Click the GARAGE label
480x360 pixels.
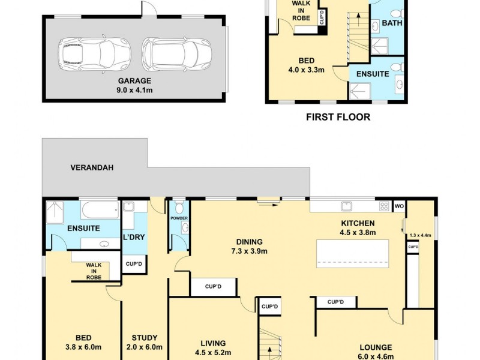pos(134,81)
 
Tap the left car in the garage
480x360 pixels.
pos(94,54)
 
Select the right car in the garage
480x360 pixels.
pos(176,54)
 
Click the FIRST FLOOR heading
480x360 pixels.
pos(338,117)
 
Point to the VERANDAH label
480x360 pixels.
pos(92,168)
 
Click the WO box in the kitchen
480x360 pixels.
pos(399,206)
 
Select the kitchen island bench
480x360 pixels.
pos(353,254)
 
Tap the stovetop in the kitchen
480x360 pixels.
pos(384,206)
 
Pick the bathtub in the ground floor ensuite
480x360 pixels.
pos(100,209)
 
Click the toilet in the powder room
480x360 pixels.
pos(179,207)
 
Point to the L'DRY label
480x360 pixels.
pos(134,237)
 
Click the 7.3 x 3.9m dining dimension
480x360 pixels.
pos(250,251)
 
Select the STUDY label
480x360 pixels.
pos(145,338)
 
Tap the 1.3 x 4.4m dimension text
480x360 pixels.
pos(420,235)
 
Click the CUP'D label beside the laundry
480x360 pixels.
pos(134,264)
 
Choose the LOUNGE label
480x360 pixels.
pos(376,347)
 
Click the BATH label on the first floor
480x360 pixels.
pos(392,23)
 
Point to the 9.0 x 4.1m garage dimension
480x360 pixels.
pos(134,91)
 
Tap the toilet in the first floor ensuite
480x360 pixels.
pos(398,67)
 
